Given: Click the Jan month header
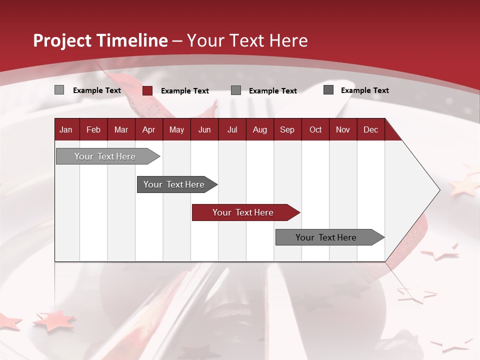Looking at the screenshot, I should point(66,130).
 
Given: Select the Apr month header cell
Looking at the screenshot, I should point(148,130).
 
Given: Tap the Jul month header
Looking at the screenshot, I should point(232,130).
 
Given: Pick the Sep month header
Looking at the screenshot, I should point(287,130).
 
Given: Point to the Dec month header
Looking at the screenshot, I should point(370,130).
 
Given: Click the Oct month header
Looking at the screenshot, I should point(315,130).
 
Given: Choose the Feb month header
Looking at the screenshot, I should point(93,130).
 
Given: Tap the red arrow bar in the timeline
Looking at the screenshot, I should point(243,212).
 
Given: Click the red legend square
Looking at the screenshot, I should point(147,90).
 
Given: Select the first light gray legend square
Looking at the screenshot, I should point(59,90).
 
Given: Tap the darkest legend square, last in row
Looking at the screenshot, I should point(328,90).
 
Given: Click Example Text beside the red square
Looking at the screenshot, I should point(185,91).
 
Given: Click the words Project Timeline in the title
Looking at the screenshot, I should point(100,40).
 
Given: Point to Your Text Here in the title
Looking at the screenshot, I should point(247,40).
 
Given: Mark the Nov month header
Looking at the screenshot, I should point(343,130).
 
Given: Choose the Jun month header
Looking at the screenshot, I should point(204,130).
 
